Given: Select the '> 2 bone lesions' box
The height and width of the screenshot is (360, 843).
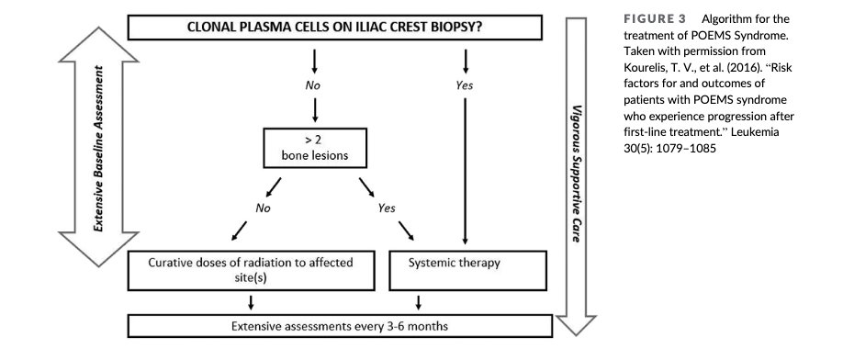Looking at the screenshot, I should (x=316, y=150).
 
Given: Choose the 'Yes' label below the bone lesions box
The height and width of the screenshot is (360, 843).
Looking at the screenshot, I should (x=387, y=207).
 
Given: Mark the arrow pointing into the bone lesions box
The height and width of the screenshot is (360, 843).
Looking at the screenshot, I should (x=316, y=112).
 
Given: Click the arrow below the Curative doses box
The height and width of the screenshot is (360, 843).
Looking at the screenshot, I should (x=250, y=302).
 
